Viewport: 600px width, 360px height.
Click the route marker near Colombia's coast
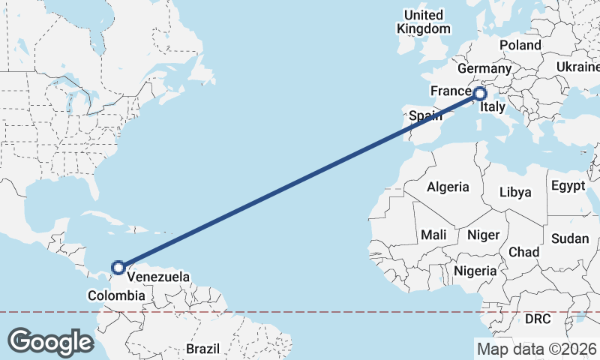(x=118, y=267)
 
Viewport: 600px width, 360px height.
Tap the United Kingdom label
(x=424, y=22)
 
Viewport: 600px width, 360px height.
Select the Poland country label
(x=520, y=45)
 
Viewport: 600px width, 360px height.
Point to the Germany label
(x=483, y=68)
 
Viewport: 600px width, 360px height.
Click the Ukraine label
(x=577, y=67)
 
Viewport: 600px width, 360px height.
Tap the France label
(x=450, y=91)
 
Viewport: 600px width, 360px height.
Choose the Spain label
(x=424, y=116)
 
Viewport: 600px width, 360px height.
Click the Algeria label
(x=448, y=187)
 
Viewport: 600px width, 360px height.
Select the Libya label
(x=515, y=192)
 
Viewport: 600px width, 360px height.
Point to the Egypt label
(x=567, y=185)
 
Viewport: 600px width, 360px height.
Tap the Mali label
(x=433, y=235)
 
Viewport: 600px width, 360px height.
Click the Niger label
(x=483, y=235)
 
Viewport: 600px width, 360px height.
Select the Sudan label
(x=570, y=238)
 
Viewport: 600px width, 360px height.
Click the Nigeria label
(x=475, y=271)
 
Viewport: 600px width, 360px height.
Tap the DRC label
(x=538, y=319)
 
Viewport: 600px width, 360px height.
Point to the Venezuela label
(x=158, y=277)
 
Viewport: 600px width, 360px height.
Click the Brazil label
(x=202, y=349)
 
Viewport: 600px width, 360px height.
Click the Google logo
(x=50, y=342)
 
